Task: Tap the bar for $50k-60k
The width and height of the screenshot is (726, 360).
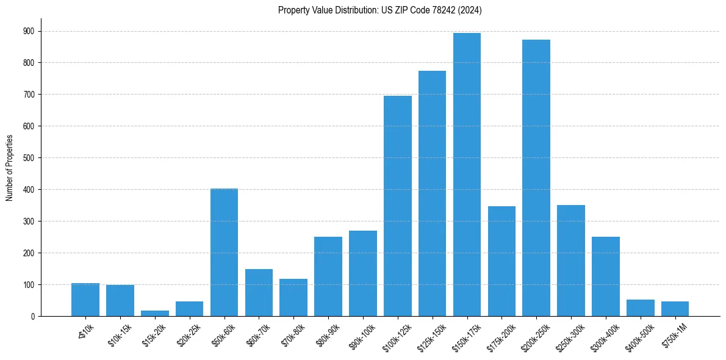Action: pyautogui.click(x=224, y=253)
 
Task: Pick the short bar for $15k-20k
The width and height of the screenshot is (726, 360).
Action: pyautogui.click(x=155, y=313)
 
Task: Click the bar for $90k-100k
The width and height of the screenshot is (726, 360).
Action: pyautogui.click(x=363, y=273)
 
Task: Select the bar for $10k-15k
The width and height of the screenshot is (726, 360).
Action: pyautogui.click(x=120, y=301)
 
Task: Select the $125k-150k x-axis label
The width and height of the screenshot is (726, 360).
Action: pyautogui.click(x=431, y=333)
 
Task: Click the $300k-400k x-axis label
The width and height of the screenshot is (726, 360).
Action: pyautogui.click(x=605, y=333)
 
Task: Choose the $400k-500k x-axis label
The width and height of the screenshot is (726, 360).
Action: pyautogui.click(x=639, y=333)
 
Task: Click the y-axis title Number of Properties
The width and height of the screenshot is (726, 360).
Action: pyautogui.click(x=10, y=168)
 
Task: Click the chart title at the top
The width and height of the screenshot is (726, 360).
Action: pyautogui.click(x=380, y=10)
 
